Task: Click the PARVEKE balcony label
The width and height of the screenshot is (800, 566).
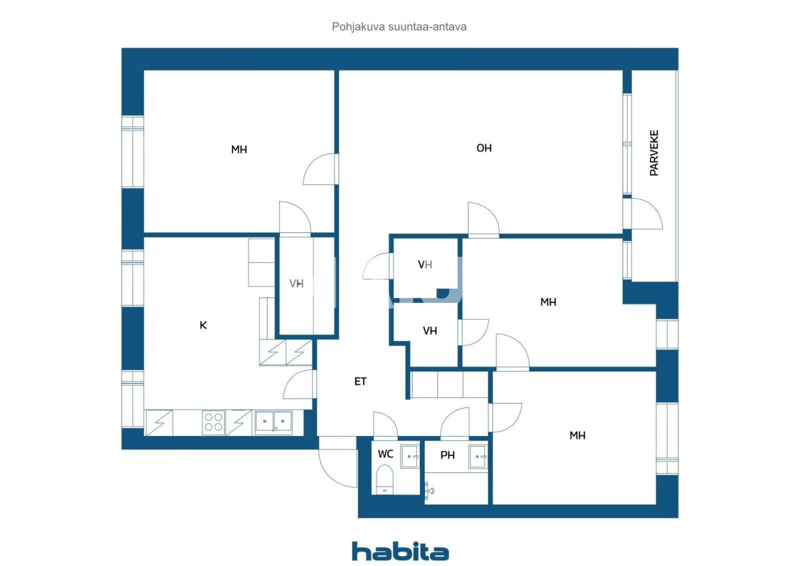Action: pyautogui.click(x=654, y=152)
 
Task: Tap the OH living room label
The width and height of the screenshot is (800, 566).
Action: pyautogui.click(x=484, y=148)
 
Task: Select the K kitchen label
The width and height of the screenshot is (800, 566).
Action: pyautogui.click(x=203, y=325)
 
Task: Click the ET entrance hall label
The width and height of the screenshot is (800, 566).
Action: pyautogui.click(x=361, y=381)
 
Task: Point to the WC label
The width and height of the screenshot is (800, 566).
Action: pyautogui.click(x=386, y=454)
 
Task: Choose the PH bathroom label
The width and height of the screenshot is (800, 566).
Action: pyautogui.click(x=447, y=455)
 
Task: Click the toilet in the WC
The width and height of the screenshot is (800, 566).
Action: pyautogui.click(x=385, y=480)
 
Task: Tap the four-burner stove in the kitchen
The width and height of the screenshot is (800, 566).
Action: pyautogui.click(x=213, y=423)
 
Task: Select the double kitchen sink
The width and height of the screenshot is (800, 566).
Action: pyautogui.click(x=273, y=422)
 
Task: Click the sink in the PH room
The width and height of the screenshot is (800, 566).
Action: pyautogui.click(x=478, y=456)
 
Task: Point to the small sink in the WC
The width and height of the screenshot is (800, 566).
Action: pyautogui.click(x=409, y=456)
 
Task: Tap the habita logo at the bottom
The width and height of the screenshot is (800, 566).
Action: pyautogui.click(x=400, y=550)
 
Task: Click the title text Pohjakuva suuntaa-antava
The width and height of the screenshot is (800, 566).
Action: pyautogui.click(x=399, y=27)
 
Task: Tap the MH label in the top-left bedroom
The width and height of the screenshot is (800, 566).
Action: pyautogui.click(x=239, y=149)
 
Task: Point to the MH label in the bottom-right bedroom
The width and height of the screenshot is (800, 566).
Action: pyautogui.click(x=577, y=435)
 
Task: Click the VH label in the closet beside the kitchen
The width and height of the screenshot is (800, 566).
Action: pyautogui.click(x=296, y=284)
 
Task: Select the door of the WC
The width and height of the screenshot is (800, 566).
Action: pyautogui.click(x=385, y=426)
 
